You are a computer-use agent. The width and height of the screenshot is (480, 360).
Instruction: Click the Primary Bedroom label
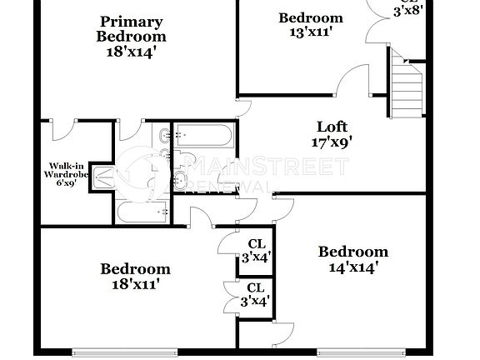pos(131,28)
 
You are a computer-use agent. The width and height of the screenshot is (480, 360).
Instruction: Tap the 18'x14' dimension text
pos(131,52)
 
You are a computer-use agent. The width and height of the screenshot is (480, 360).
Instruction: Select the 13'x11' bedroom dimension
pos(310,33)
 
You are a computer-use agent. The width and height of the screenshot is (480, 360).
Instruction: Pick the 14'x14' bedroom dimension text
pos(352,267)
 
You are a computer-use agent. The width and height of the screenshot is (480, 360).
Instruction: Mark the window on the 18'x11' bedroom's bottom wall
pos(106,350)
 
